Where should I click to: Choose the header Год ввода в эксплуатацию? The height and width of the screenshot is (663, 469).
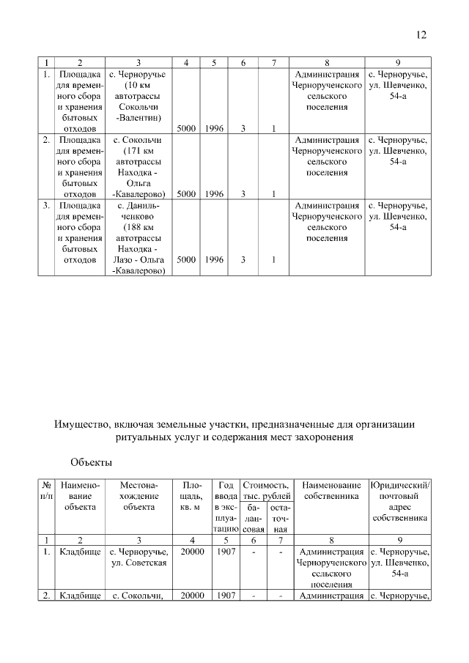coord(225,506)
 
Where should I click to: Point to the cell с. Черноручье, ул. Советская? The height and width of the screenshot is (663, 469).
coord(139,557)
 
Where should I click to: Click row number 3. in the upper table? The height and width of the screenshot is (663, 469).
coord(46,206)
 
